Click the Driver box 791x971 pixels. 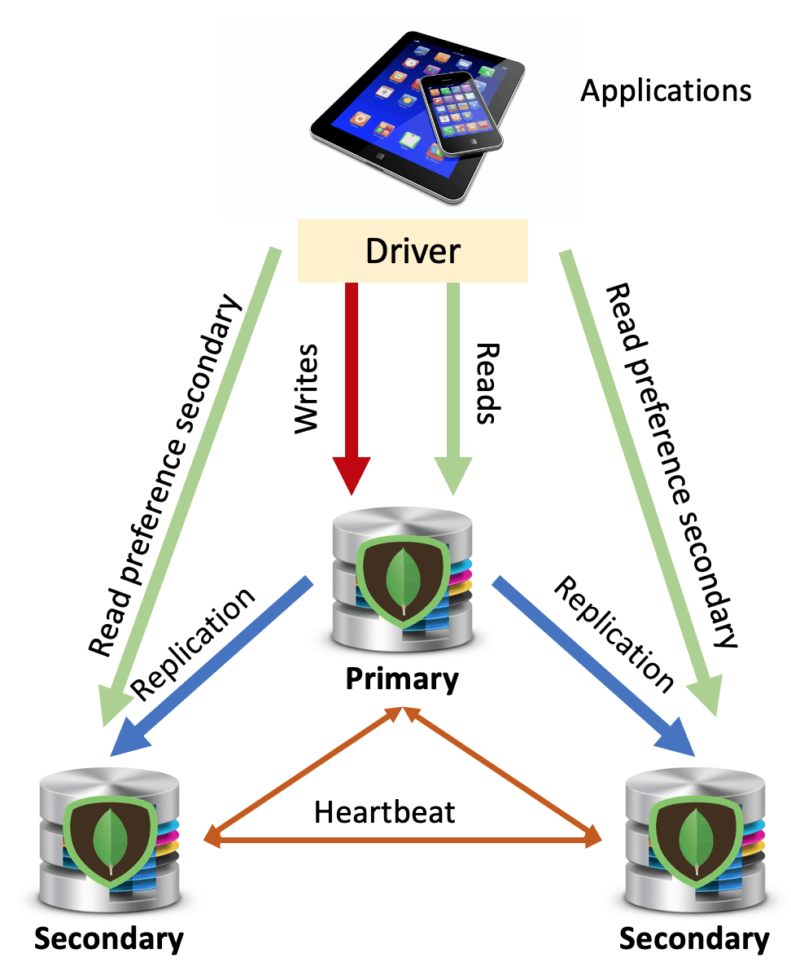tap(413, 251)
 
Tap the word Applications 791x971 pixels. tap(666, 90)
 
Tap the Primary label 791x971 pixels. tap(402, 678)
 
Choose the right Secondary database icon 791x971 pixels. tap(694, 839)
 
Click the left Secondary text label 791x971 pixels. tap(109, 938)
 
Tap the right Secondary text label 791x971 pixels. tap(694, 938)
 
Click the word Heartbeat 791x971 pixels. tap(385, 811)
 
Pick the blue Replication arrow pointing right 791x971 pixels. tap(594, 664)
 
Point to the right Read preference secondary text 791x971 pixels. tap(672, 464)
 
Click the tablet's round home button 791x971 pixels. tap(377, 152)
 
